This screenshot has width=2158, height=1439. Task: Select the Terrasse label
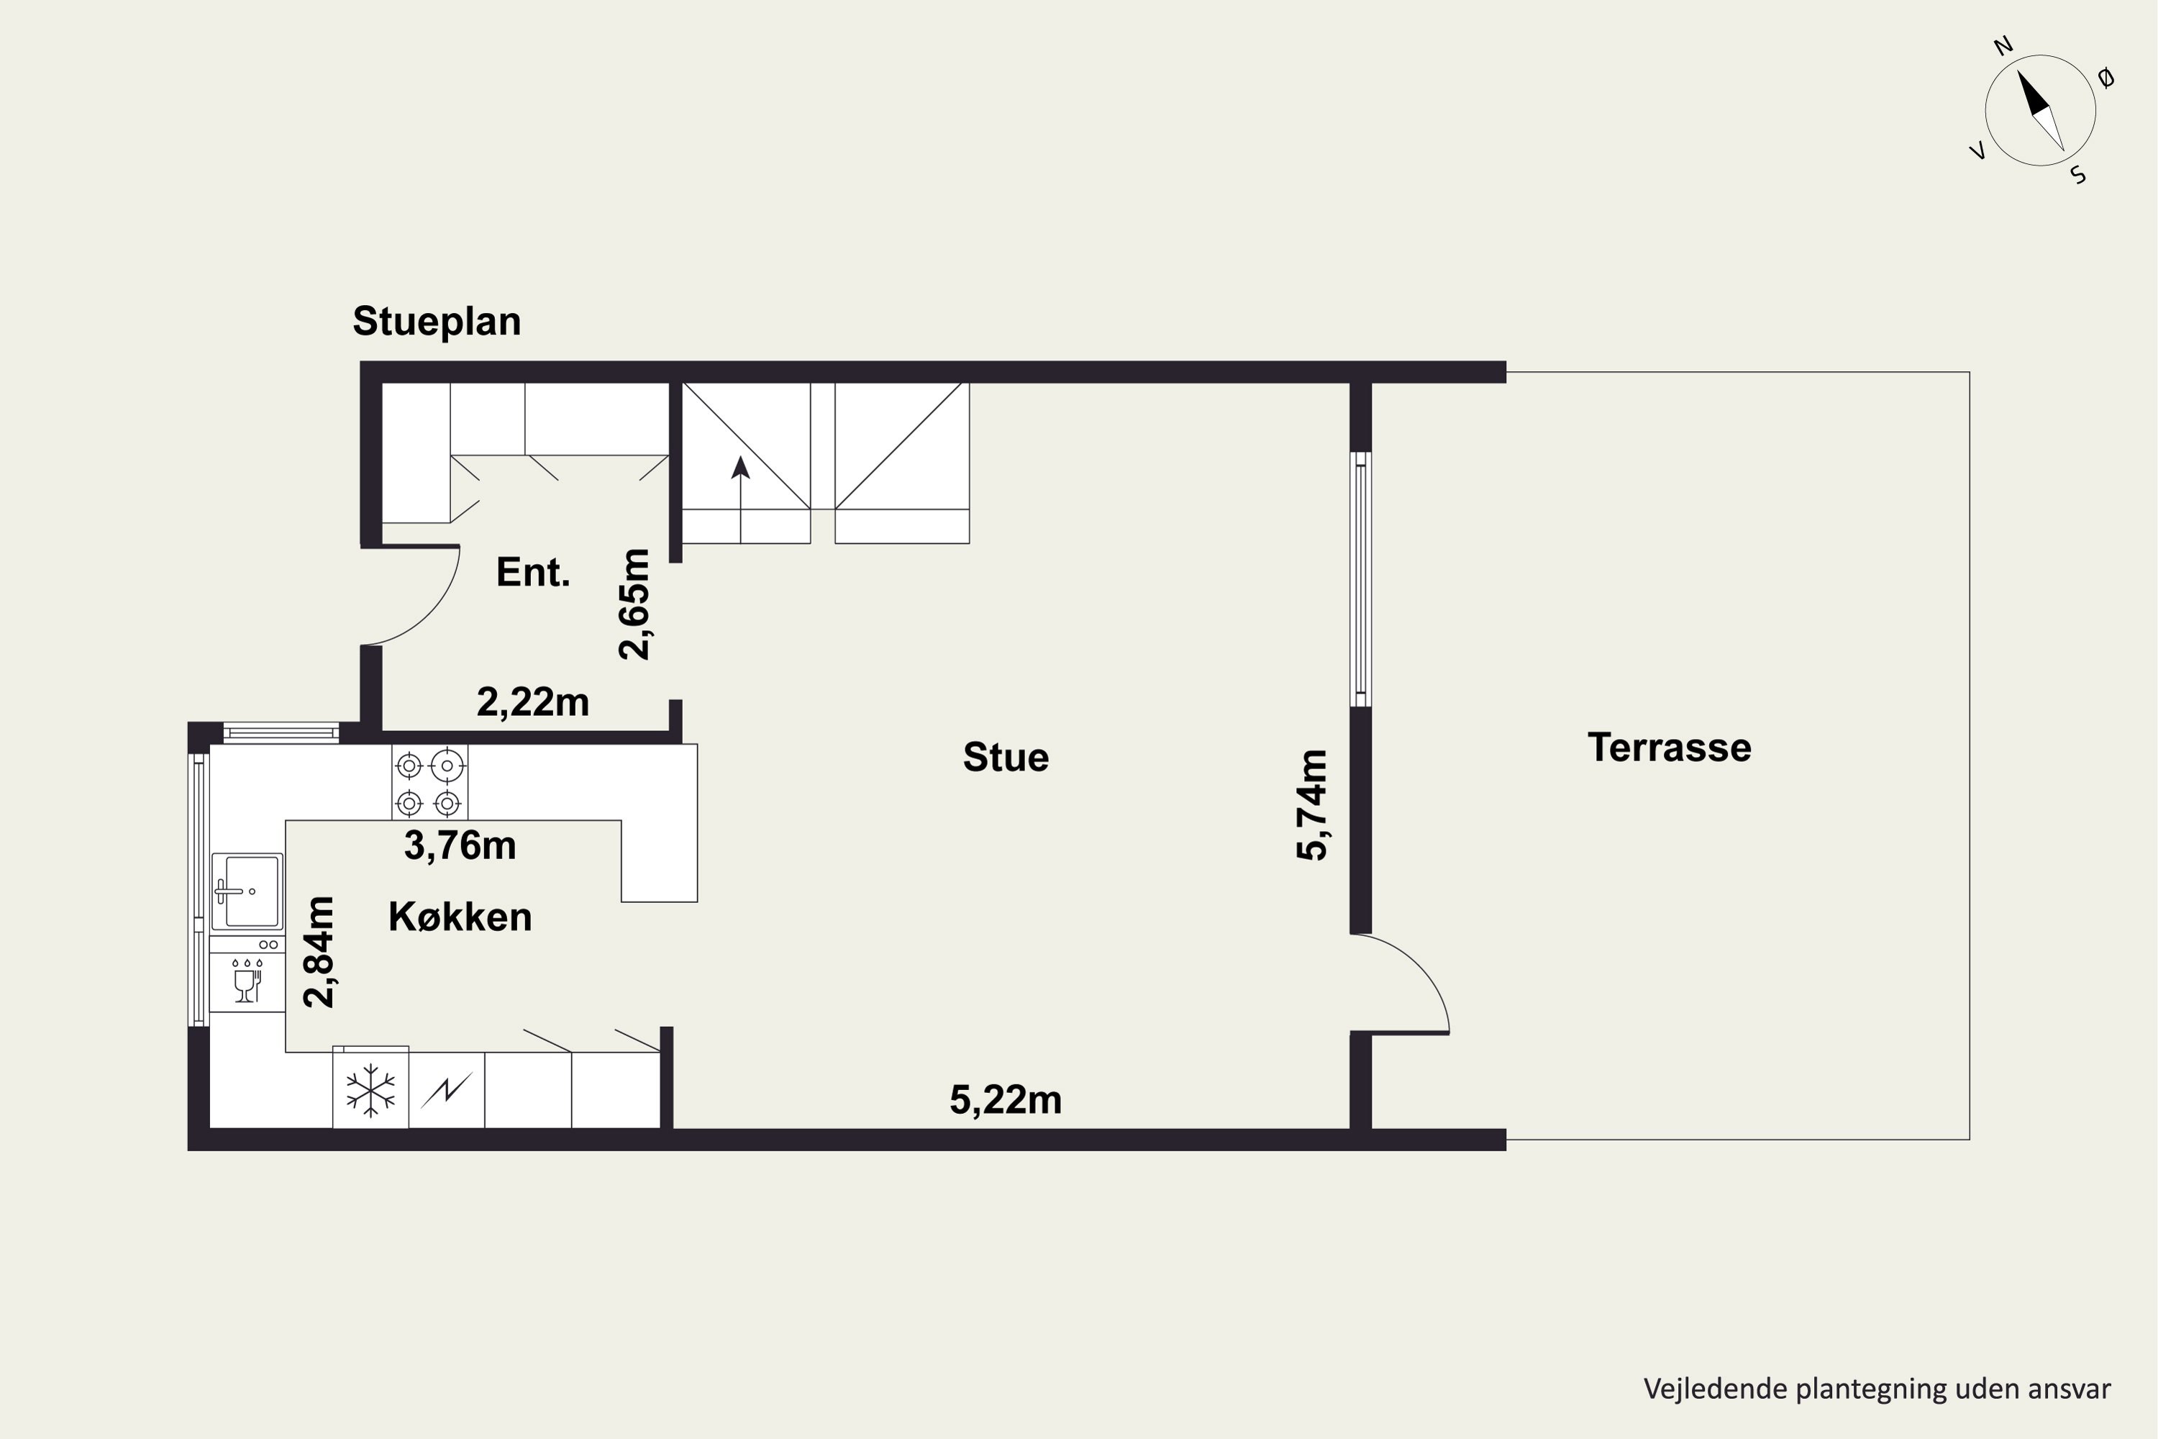point(1669,748)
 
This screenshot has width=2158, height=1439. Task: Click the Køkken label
point(460,917)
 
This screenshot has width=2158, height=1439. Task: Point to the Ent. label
point(533,573)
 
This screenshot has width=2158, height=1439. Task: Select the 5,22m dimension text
point(1006,1099)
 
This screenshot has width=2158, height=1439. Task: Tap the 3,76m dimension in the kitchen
point(460,845)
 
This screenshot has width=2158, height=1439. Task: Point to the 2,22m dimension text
point(533,702)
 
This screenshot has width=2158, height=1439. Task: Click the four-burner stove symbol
point(429,782)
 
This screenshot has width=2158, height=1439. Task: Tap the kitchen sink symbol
point(247,891)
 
